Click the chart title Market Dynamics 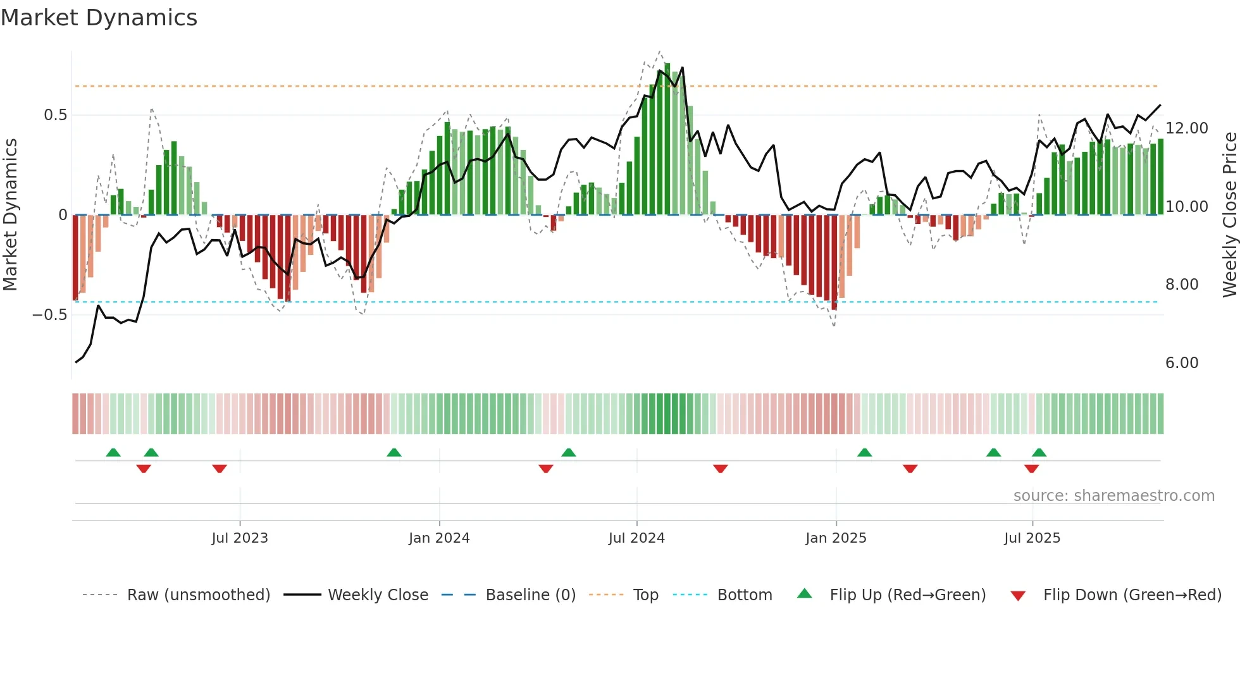[99, 18]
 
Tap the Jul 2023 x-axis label [240, 538]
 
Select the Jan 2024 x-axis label [439, 538]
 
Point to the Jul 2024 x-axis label [636, 538]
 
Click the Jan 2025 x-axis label [836, 538]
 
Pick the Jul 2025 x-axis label [1032, 538]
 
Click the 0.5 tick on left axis [55, 115]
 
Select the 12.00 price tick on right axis [1187, 128]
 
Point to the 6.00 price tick [1182, 363]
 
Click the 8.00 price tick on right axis [1182, 285]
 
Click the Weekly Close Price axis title [1229, 215]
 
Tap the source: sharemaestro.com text [1113, 496]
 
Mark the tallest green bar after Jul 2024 [667, 139]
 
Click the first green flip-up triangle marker [113, 452]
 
